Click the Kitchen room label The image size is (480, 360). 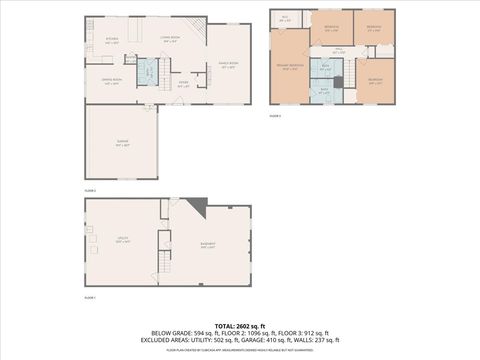112,41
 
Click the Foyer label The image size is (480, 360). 183,85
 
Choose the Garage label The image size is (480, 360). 121,146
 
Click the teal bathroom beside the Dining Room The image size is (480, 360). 146,72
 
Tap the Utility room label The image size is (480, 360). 122,240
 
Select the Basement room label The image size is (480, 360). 208,248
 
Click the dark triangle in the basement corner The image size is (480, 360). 200,208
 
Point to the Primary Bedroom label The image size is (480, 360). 289,68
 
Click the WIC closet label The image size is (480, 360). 285,18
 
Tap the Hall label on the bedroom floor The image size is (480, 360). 339,49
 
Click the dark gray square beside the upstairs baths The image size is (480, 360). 338,82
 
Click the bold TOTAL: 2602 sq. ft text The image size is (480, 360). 239,327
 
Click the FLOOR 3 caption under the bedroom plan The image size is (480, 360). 275,116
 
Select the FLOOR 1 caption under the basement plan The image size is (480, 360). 89,298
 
